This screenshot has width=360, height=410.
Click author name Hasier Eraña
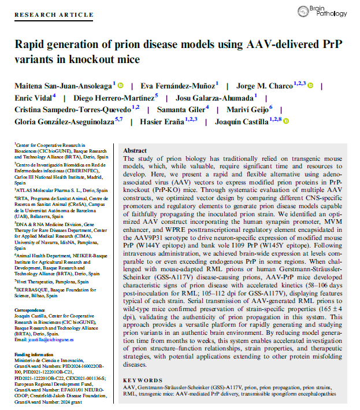click(x=168, y=121)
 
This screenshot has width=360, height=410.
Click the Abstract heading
click(x=135, y=149)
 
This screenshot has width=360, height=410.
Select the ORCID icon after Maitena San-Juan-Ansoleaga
click(x=121, y=85)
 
